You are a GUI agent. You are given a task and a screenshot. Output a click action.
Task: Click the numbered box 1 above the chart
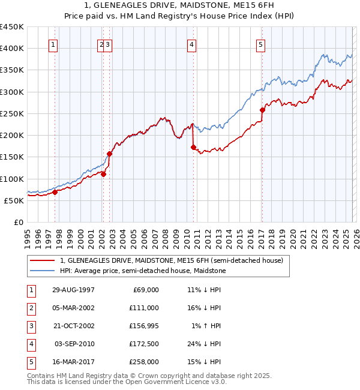click(x=53, y=44)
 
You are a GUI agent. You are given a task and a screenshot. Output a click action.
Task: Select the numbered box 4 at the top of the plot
click(x=191, y=44)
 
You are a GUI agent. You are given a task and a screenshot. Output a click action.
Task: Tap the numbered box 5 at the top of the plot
click(x=261, y=44)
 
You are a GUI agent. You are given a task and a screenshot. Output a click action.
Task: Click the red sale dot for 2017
click(x=262, y=110)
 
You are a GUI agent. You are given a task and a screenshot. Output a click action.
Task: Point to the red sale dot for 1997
click(x=55, y=192)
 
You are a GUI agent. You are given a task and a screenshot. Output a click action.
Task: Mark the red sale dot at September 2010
click(x=193, y=147)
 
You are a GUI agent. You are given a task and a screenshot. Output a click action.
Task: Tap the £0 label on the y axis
click(x=18, y=222)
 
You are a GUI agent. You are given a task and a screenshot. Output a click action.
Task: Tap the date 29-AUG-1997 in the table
click(x=74, y=290)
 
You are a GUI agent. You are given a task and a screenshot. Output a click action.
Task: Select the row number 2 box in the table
click(x=29, y=308)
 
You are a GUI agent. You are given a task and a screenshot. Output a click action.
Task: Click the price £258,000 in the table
click(x=145, y=362)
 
